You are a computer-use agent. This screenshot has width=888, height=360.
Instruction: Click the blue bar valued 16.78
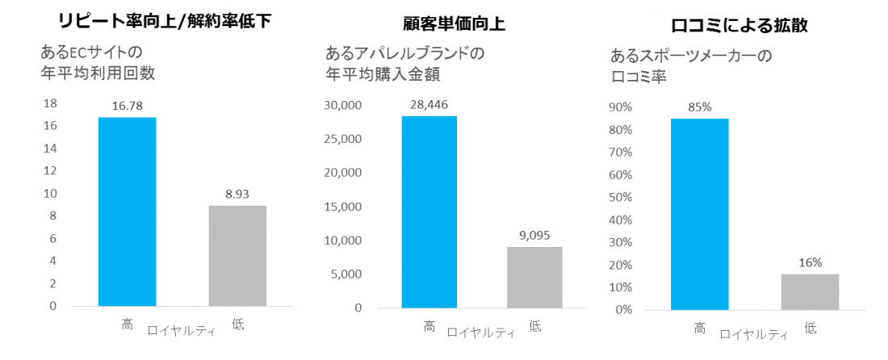tap(128, 211)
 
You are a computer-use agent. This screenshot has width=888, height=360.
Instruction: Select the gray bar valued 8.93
tap(237, 256)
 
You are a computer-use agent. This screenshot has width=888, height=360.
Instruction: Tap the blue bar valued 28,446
tap(429, 211)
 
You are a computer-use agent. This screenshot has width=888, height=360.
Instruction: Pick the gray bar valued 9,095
tap(534, 277)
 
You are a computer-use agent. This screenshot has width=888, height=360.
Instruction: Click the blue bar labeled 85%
tap(699, 214)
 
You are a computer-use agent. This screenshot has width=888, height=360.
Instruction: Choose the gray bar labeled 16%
tap(810, 291)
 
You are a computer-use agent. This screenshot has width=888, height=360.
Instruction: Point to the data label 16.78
tap(128, 105)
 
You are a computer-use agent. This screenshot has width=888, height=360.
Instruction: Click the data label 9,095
tap(534, 235)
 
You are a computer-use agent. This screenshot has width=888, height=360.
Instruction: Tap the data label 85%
tap(699, 107)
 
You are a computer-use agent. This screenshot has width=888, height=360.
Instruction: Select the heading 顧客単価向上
tap(454, 23)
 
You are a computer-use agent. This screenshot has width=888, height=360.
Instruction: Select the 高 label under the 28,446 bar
tap(429, 326)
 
